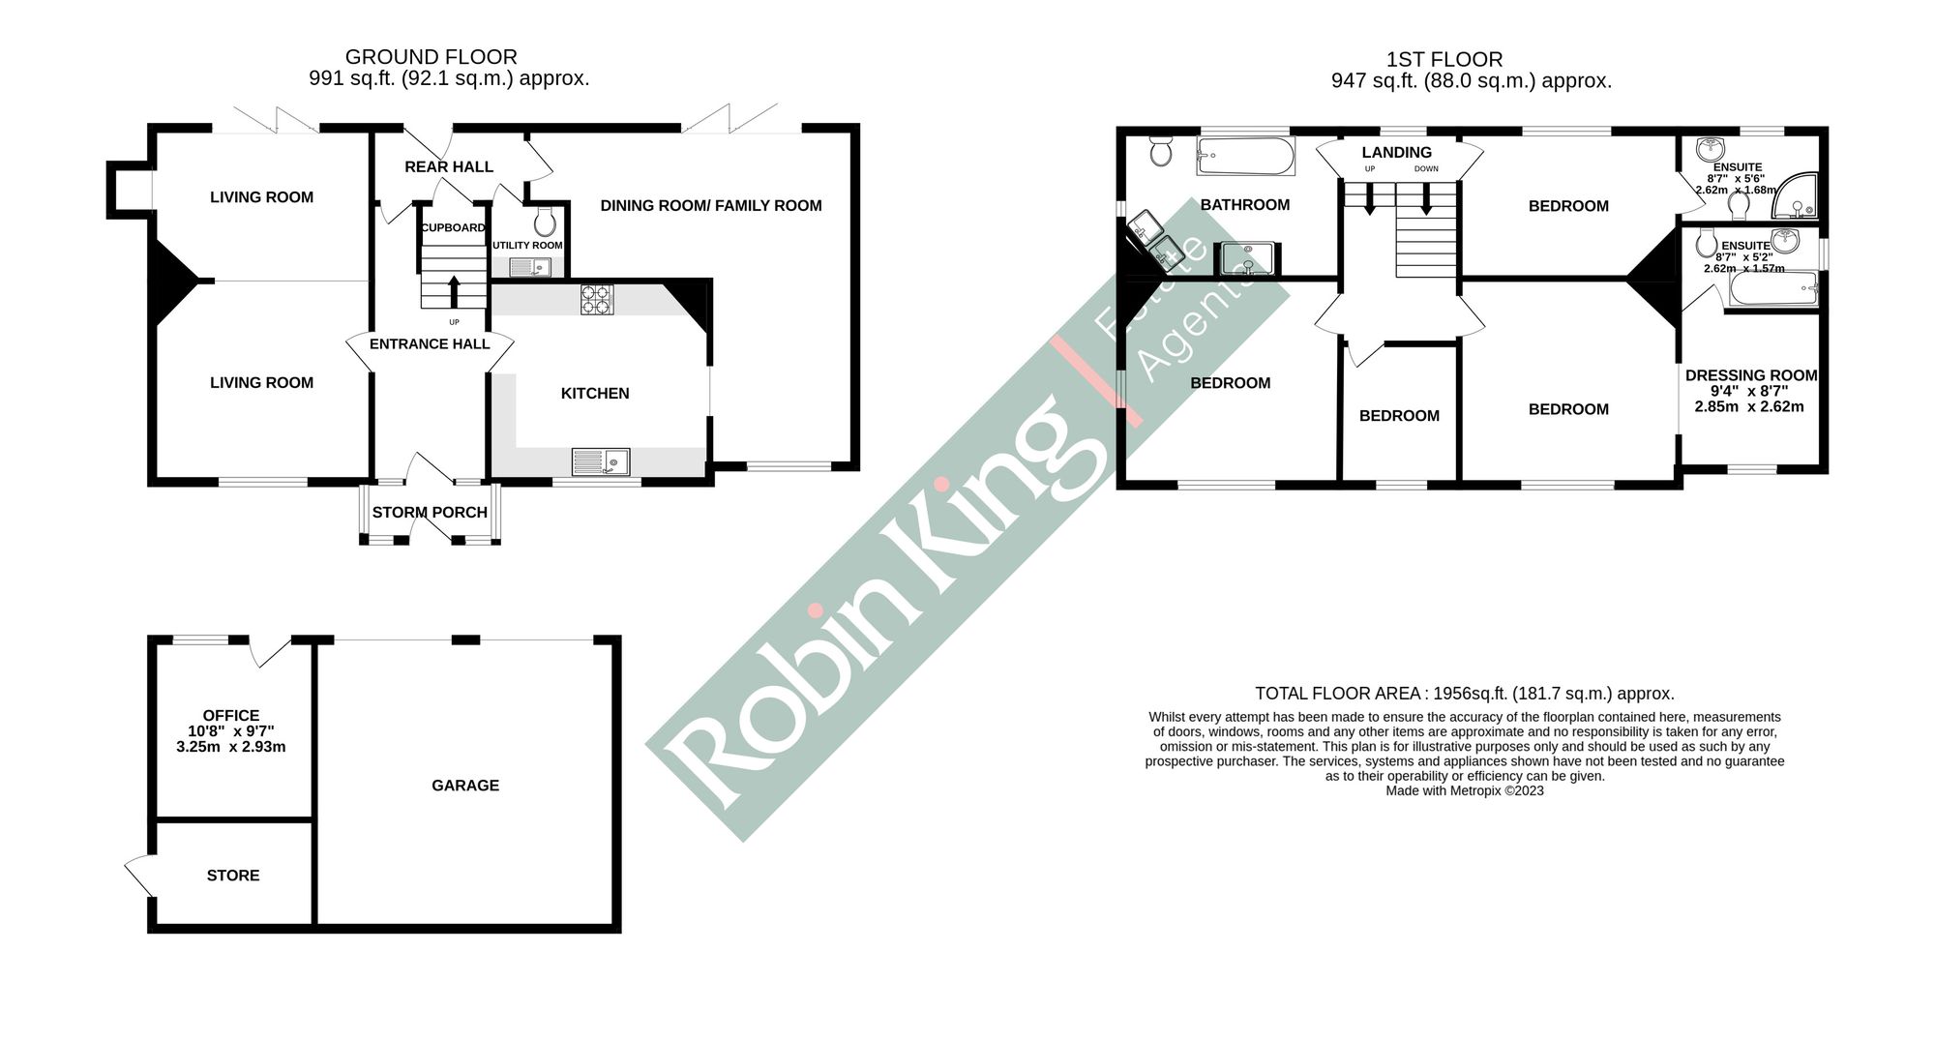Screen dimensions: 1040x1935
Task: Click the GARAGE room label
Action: tap(465, 786)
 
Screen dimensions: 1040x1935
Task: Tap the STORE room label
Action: tap(233, 876)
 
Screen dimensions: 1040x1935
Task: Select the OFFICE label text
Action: tap(231, 716)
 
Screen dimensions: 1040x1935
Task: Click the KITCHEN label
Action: tap(595, 394)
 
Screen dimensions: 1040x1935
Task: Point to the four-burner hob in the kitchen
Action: tap(597, 299)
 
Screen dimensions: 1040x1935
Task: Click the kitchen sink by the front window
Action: tap(601, 462)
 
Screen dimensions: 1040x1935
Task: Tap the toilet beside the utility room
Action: tap(545, 223)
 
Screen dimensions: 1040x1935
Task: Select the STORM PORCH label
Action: tap(430, 513)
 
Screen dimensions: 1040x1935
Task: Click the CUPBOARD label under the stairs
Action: tap(453, 228)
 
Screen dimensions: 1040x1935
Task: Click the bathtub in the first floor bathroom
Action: tap(1245, 156)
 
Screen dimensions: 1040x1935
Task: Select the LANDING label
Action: tap(1396, 153)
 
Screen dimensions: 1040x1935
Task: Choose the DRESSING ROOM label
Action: tap(1751, 376)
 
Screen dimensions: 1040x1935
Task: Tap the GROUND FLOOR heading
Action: tap(432, 58)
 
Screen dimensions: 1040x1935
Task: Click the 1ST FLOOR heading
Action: tap(1444, 60)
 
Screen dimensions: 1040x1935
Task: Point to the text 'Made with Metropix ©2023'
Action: tap(1465, 790)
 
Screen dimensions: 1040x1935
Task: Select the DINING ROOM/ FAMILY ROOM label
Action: tap(711, 206)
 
